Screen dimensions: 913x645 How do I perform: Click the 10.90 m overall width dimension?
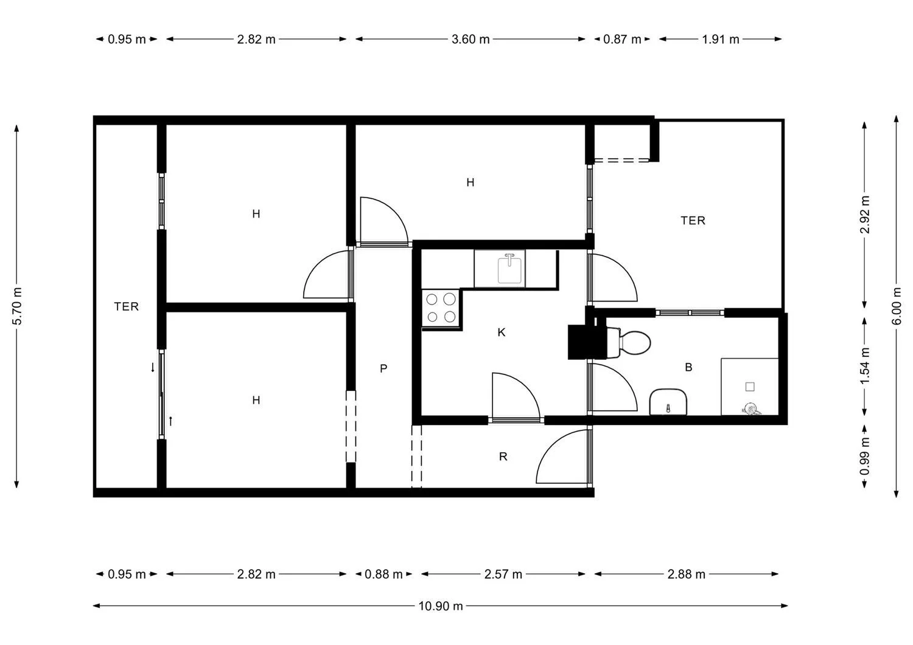[441, 606]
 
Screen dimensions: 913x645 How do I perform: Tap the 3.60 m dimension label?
[470, 40]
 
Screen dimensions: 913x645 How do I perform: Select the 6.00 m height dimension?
[897, 306]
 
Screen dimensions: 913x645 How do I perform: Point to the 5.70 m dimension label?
[16, 306]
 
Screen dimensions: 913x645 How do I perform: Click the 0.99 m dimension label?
[864, 456]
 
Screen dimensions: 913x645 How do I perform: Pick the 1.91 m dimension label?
[720, 40]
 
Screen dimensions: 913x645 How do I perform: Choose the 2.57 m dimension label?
[503, 574]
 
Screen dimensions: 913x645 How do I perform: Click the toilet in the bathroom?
[628, 342]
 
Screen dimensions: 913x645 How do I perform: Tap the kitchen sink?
[509, 268]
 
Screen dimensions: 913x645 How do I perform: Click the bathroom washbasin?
[668, 402]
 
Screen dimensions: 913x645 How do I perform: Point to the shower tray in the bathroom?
[750, 387]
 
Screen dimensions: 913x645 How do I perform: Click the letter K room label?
[502, 333]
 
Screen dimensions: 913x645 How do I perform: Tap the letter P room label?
[383, 368]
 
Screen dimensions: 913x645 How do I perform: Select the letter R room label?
[503, 457]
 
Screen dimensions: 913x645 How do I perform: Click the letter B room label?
[688, 367]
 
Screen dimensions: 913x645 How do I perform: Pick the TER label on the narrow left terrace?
[127, 306]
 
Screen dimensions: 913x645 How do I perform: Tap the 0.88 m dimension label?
[383, 574]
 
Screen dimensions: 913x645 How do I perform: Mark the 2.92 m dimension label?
[864, 215]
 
